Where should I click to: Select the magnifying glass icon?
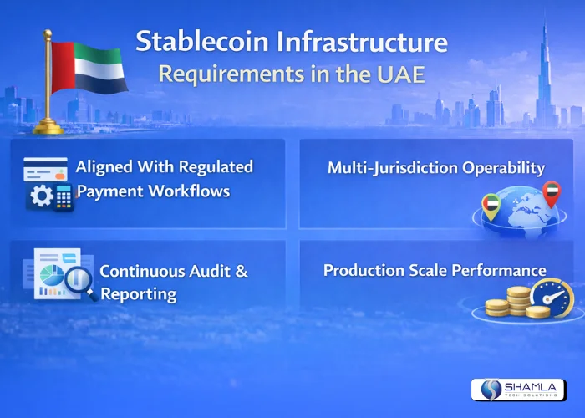pyautogui.click(x=79, y=283)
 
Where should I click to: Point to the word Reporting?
pyautogui.click(x=138, y=293)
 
